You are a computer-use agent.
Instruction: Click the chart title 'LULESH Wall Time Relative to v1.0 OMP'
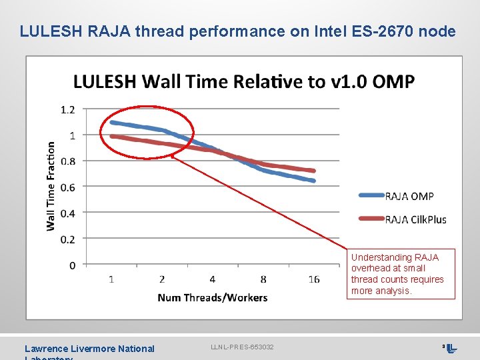(243, 82)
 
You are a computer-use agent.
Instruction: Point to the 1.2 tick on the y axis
(68, 109)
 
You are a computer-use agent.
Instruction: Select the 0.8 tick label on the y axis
(68, 161)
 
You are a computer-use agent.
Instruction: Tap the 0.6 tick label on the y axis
(68, 187)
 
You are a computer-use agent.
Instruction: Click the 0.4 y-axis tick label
(68, 213)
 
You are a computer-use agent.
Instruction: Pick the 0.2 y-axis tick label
(68, 239)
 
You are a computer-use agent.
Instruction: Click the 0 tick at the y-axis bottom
(72, 265)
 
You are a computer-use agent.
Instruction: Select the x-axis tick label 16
(314, 279)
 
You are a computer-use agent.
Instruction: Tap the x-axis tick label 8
(263, 279)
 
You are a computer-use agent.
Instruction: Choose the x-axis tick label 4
(213, 279)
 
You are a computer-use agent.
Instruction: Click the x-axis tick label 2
(162, 279)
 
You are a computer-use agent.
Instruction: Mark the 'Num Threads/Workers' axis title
(212, 297)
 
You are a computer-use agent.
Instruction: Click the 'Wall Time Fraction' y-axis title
(51, 185)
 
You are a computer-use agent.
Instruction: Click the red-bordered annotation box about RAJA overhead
(401, 274)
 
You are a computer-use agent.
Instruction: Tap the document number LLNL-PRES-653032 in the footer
(242, 347)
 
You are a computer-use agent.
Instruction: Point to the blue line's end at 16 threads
(313, 181)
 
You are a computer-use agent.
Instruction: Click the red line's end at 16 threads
(313, 171)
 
